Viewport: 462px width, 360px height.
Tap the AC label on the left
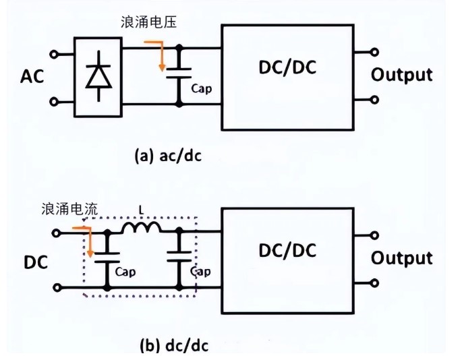31,76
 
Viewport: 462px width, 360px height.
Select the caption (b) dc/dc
173,346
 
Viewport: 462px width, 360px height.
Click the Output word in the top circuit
402,74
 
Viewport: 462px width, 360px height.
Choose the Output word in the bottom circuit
402,258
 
